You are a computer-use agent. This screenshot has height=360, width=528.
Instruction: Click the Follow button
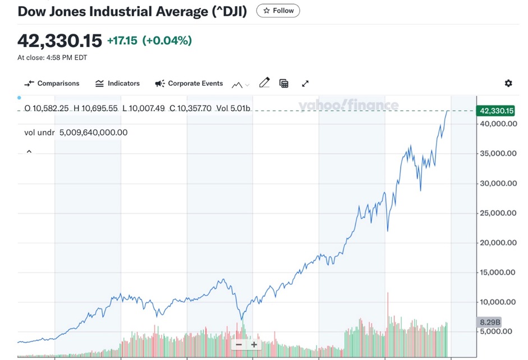coord(278,11)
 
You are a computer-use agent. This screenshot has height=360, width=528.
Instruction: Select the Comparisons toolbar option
coord(52,84)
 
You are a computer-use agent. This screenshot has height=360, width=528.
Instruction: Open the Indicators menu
coord(117,84)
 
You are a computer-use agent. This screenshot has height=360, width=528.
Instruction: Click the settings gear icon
coord(508,84)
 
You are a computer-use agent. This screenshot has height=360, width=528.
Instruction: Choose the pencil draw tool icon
coord(264,83)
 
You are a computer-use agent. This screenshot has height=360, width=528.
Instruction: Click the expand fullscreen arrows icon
coord(305,84)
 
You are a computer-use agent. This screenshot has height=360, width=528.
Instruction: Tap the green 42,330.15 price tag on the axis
coord(495,111)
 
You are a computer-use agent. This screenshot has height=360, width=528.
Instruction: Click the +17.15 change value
coord(122,40)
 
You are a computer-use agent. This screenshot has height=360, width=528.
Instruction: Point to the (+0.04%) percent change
coord(167,40)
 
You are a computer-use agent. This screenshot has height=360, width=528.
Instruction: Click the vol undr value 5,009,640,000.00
coord(93,132)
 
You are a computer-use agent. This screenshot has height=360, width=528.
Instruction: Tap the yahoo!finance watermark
coord(348,105)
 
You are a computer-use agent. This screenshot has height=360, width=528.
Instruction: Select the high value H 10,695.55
coord(95,108)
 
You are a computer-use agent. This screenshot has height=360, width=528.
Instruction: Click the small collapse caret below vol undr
coord(29,151)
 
